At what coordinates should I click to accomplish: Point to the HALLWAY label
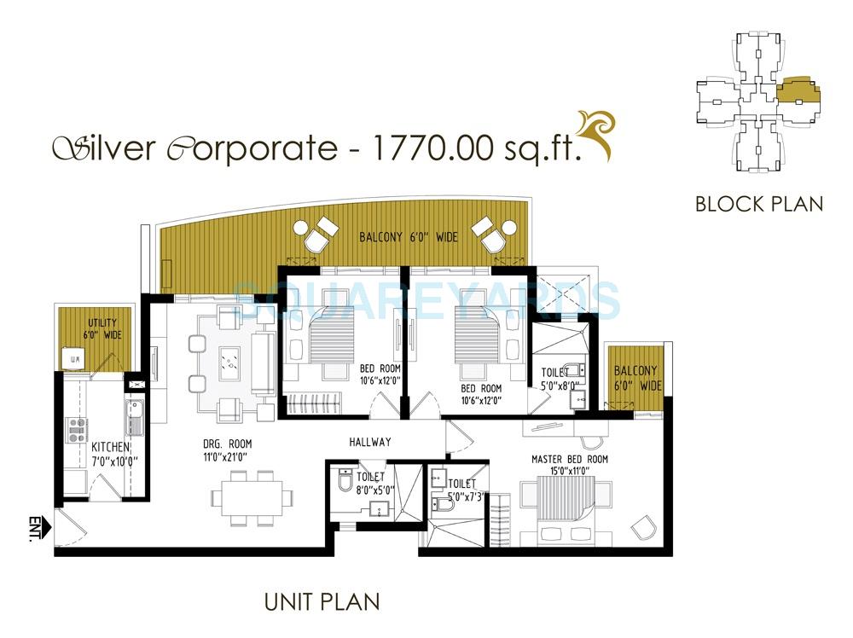(370, 442)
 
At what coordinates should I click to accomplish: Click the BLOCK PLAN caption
(758, 204)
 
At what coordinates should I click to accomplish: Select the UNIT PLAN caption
(322, 602)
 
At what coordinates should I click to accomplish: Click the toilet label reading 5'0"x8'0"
(560, 379)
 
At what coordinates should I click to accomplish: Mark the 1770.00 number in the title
(431, 148)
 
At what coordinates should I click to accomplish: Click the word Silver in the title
(104, 148)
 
